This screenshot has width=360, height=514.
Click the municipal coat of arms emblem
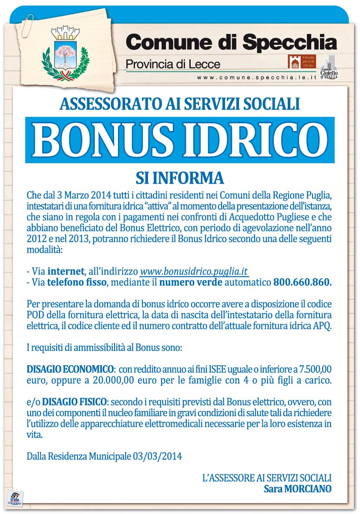coord(65,52)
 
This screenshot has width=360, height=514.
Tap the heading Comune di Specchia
coord(231,42)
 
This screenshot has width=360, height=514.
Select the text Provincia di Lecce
coord(173,64)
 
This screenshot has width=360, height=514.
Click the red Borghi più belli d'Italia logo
coord(301,62)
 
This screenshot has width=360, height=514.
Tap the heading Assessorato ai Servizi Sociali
coord(180,104)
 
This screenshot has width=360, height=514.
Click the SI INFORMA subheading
coord(180,178)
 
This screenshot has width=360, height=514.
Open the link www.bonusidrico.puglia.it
coord(194,271)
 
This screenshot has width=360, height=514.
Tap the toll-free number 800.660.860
coord(302,282)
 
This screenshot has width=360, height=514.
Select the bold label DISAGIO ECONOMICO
coord(70,369)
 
